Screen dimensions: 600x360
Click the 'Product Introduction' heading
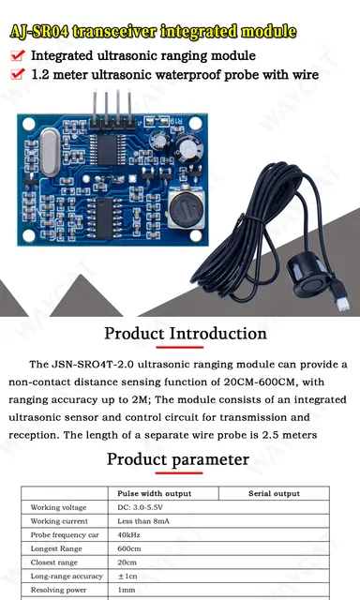185,333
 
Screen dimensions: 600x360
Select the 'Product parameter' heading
177,459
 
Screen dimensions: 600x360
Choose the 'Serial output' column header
274,493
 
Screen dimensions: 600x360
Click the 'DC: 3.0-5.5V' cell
141,507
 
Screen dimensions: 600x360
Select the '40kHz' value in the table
129,533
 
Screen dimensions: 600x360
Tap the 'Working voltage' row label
58,507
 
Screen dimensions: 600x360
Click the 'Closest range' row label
54,562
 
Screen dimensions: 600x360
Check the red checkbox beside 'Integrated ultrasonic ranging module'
18,56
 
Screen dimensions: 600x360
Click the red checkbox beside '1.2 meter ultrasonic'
18,74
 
